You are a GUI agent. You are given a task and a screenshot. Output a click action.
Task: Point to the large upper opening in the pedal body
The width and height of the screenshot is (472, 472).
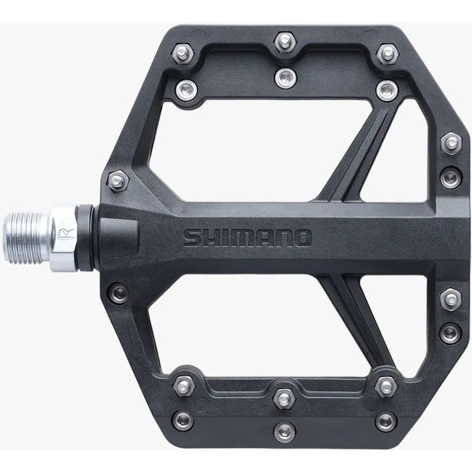click(x=236, y=147)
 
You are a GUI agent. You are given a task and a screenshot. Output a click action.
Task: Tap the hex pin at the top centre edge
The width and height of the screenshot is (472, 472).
click(x=284, y=42)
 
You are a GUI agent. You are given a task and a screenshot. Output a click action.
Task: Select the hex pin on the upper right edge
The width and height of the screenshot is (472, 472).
click(x=451, y=142)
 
